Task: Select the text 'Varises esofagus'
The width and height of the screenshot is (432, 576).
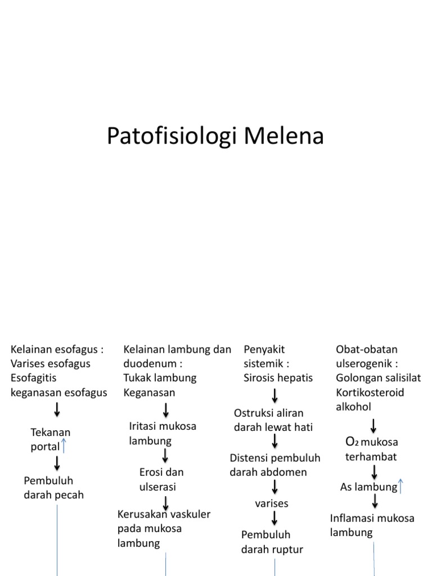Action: point(50,363)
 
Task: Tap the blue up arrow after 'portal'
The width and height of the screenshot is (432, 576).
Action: point(64,447)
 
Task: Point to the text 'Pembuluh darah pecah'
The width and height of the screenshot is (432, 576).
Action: point(53,488)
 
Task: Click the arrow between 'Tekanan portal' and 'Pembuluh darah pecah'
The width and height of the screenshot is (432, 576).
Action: point(57,463)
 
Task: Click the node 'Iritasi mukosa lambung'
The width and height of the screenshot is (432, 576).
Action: point(163,433)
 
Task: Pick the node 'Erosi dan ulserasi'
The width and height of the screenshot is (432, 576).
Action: point(161,479)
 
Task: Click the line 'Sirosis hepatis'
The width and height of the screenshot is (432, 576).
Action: point(278,378)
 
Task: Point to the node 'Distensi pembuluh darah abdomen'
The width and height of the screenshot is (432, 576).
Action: point(274,465)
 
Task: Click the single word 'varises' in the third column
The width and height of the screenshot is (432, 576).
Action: point(271,502)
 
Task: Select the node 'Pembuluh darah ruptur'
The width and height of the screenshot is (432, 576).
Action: point(273,542)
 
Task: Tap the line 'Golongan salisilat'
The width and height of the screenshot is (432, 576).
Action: point(378,378)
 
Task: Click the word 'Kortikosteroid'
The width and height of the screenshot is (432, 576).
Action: point(370,392)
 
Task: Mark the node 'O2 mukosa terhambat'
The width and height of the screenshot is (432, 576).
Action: point(371,449)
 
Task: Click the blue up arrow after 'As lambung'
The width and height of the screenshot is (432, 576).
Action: point(400,486)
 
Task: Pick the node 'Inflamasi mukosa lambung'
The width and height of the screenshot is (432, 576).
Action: point(372,525)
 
